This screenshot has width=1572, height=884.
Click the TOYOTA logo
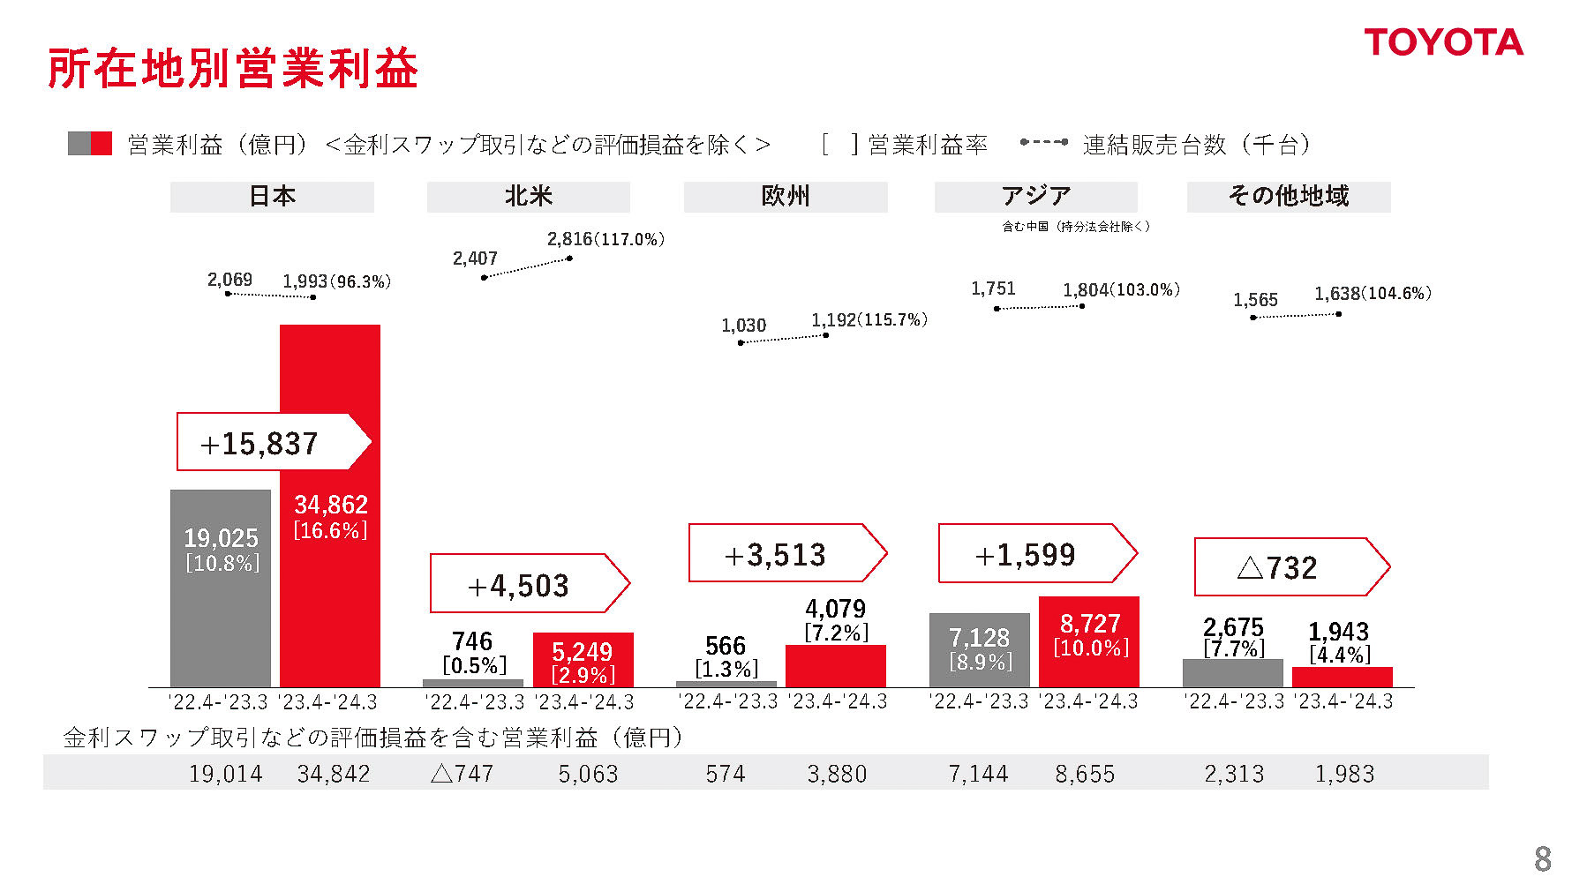pyautogui.click(x=1443, y=42)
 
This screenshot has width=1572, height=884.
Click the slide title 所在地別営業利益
pyautogui.click(x=232, y=69)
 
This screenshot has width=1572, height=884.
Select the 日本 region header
pyautogui.click(x=272, y=197)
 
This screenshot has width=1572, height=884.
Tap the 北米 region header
pyautogui.click(x=528, y=197)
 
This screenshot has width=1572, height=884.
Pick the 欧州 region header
pyautogui.click(x=785, y=197)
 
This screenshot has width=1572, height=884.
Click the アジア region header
pyautogui.click(x=1035, y=197)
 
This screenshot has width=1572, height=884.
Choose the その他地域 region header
pyautogui.click(x=1288, y=197)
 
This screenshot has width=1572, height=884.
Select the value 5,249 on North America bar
pyautogui.click(x=582, y=652)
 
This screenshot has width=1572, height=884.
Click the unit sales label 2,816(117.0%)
pyautogui.click(x=605, y=239)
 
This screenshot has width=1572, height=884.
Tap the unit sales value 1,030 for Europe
pyautogui.click(x=743, y=326)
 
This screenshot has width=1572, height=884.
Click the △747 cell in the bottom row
pyautogui.click(x=462, y=774)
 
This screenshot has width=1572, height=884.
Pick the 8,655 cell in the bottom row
pyautogui.click(x=1085, y=774)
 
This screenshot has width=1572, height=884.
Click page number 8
pyautogui.click(x=1542, y=858)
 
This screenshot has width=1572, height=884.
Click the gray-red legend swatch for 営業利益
pyautogui.click(x=90, y=144)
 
